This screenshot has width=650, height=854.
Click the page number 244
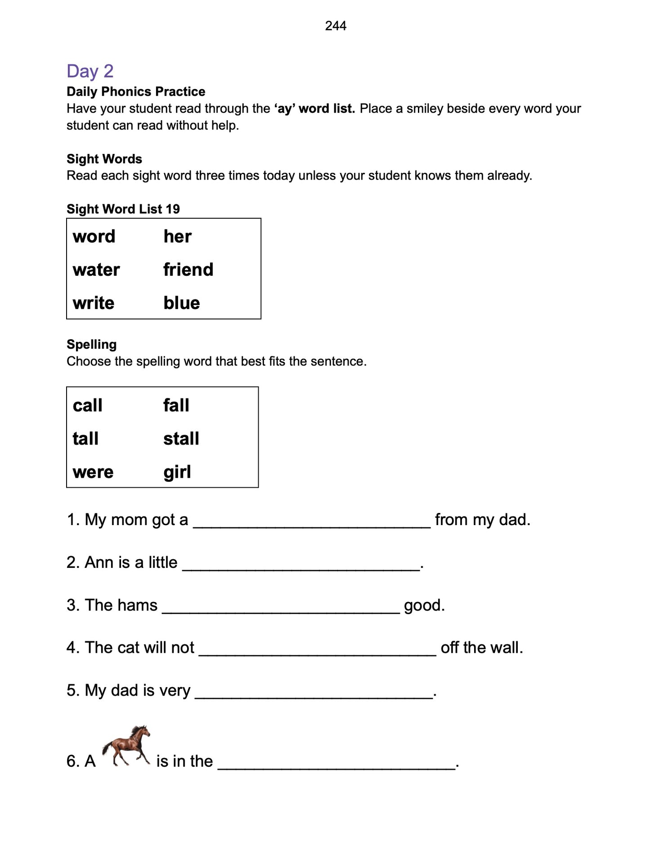336,26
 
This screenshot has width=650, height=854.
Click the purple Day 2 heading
90,71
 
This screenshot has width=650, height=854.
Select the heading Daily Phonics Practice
136,92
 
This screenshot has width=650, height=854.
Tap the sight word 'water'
96,270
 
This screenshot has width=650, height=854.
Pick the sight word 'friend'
188,270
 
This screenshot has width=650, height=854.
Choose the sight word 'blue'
182,303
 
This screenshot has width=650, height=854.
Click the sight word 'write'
94,303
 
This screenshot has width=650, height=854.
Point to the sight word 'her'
177,237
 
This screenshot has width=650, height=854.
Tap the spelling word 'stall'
181,439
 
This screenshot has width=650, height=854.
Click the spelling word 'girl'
177,472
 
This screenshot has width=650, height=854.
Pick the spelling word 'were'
93,472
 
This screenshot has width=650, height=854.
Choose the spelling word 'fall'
176,405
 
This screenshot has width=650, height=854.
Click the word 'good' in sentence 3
422,606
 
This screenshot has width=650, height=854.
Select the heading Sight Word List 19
123,209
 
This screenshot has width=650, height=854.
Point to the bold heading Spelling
92,345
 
